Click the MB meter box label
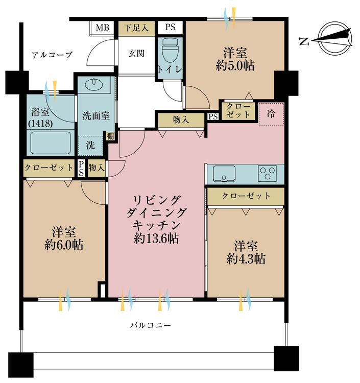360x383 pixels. point(103,28)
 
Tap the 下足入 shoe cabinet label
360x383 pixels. point(136,28)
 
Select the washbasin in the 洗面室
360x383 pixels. point(93,84)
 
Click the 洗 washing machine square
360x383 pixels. point(90,145)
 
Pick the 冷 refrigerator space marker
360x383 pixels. point(271,114)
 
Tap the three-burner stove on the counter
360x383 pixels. point(267,173)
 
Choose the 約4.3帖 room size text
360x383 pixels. point(246,259)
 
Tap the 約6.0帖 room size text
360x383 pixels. point(64,245)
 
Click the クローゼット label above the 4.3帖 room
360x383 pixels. point(246,196)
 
